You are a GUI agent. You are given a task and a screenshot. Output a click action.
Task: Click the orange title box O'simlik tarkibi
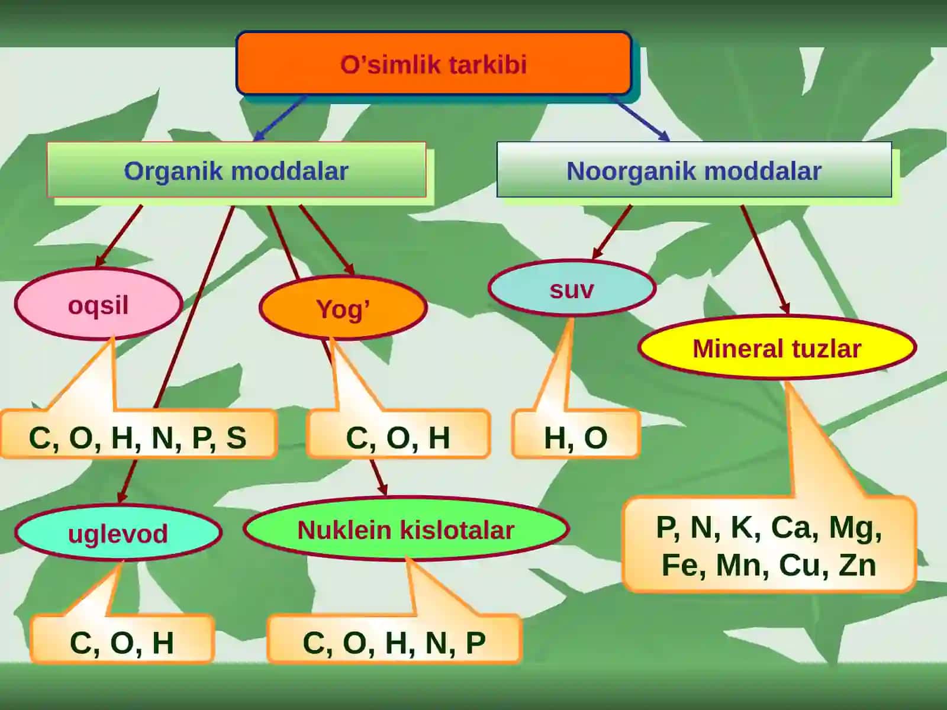pos(434,63)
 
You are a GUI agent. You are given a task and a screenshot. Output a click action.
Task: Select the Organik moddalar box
pos(236,170)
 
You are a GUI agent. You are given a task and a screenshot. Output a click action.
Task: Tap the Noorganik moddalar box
pos(694,170)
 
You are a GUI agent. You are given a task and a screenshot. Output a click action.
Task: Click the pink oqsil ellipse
pos(99,304)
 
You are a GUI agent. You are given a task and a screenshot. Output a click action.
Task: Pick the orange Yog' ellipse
pos(343,307)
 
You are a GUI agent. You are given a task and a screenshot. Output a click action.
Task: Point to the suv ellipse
pos(572,288)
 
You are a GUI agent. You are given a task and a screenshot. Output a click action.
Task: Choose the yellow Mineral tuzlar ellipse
pos(777,347)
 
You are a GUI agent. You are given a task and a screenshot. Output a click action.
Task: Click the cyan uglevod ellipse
pos(118,532)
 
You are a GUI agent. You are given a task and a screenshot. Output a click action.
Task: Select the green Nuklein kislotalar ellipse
pos(406,528)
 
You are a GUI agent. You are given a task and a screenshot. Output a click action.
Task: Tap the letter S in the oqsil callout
pos(236,438)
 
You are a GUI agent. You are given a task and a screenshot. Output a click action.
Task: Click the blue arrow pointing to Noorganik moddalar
pos(639,118)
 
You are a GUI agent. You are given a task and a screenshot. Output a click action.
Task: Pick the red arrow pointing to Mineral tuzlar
pos(765,259)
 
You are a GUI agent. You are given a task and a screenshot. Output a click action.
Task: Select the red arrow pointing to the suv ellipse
pos(612,233)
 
